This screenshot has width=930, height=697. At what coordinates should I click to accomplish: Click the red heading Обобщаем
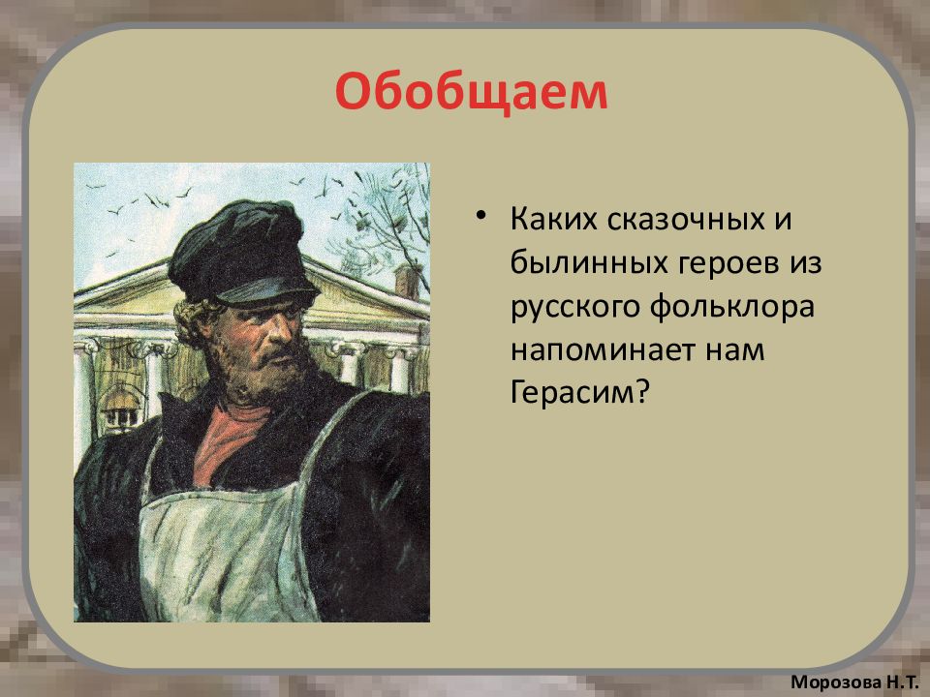click(472, 92)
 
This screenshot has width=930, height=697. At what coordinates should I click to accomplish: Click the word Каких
click(554, 220)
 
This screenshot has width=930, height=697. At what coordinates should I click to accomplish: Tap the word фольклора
click(732, 308)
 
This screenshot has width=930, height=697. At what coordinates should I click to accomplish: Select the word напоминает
click(604, 350)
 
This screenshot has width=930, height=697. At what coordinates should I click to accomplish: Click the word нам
click(735, 351)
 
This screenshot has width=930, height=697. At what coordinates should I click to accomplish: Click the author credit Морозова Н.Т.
click(855, 682)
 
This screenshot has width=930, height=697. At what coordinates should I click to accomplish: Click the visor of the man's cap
click(267, 289)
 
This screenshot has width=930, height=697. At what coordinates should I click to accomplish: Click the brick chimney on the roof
click(408, 281)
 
